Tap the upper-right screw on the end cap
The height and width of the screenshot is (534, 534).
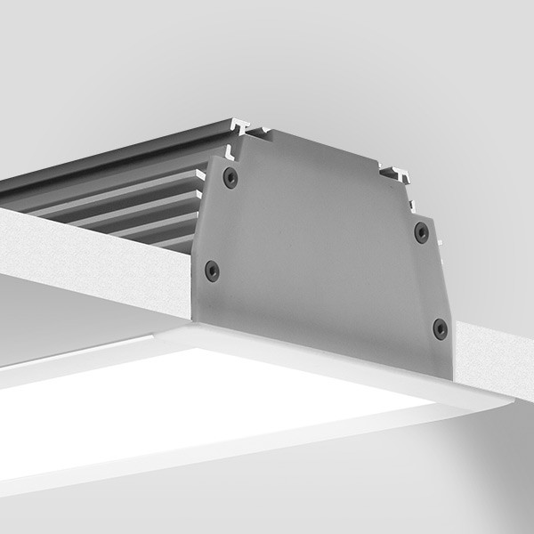pos(421,232)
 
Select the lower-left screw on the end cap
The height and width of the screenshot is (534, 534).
pos(212,270)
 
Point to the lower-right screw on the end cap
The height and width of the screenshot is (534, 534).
pos(440,328)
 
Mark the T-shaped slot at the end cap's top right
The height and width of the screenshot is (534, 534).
pos(395,171)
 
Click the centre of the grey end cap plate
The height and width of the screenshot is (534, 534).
pos(320,249)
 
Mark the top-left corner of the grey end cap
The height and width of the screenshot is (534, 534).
pos(210,158)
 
